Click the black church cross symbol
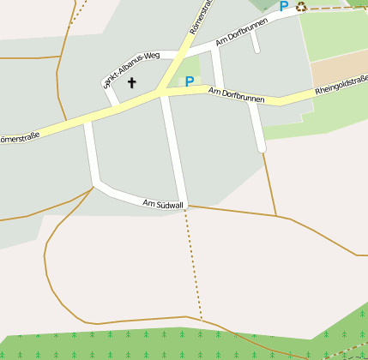[x=132, y=83]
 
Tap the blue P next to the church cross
[x=189, y=82]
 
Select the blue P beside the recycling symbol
[x=284, y=7]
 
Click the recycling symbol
[x=301, y=7]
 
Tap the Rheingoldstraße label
[x=341, y=84]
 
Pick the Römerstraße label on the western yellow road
[x=19, y=136]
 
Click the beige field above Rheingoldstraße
[x=339, y=69]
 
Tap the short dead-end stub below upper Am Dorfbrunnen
[x=255, y=44]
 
